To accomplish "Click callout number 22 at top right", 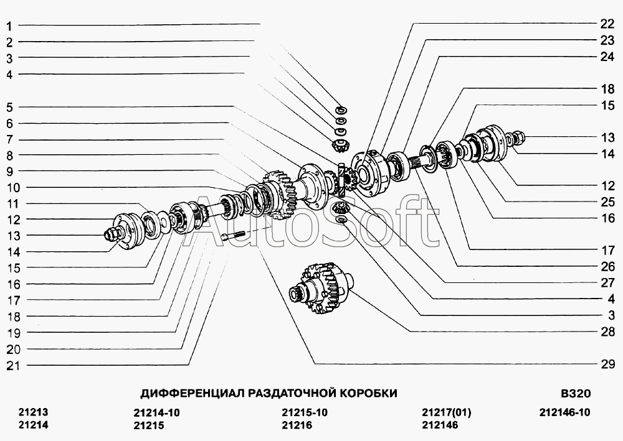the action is coord(607,24).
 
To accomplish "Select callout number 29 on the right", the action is coord(607,364).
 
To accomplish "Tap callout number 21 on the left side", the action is coord(13,366).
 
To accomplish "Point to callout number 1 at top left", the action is coord(9,27).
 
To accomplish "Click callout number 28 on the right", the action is coord(607,332).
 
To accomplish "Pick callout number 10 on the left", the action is coord(13,188).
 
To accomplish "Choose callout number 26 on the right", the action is coord(607,266).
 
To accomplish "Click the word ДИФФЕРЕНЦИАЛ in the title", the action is coord(193,393).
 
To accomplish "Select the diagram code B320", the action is coord(576,393).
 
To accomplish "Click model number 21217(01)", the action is coord(447,412).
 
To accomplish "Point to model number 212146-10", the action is coord(565,412).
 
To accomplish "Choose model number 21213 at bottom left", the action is coord(34,412).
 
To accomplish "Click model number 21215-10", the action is coord(305,412).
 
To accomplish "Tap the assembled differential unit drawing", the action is coord(320,288).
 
